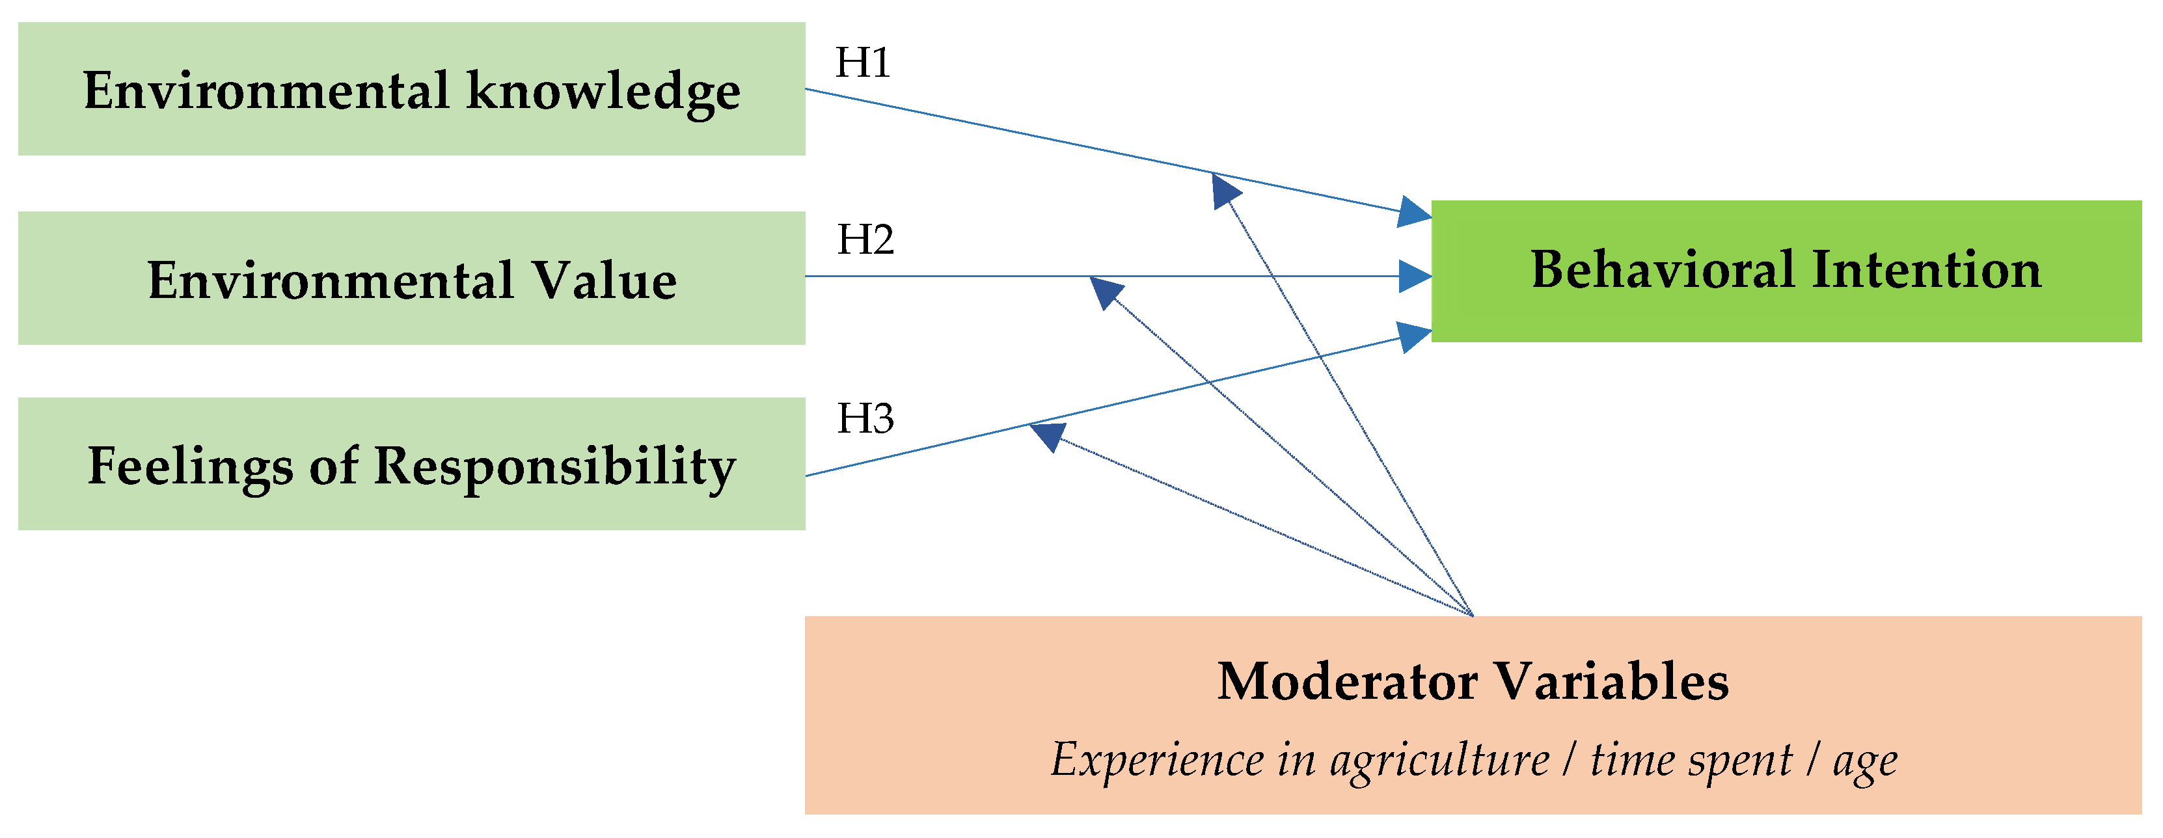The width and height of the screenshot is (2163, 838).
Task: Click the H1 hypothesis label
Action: click(x=862, y=63)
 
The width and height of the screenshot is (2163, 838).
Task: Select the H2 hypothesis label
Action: click(x=865, y=240)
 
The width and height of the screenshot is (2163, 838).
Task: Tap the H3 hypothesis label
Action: click(x=865, y=418)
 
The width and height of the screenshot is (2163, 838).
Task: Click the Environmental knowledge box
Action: click(x=411, y=89)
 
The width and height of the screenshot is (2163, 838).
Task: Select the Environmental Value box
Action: click(x=411, y=278)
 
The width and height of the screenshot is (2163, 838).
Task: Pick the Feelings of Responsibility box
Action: click(x=411, y=465)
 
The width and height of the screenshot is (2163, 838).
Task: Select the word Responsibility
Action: click(x=554, y=467)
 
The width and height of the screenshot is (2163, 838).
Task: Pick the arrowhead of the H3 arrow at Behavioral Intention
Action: click(x=1415, y=336)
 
